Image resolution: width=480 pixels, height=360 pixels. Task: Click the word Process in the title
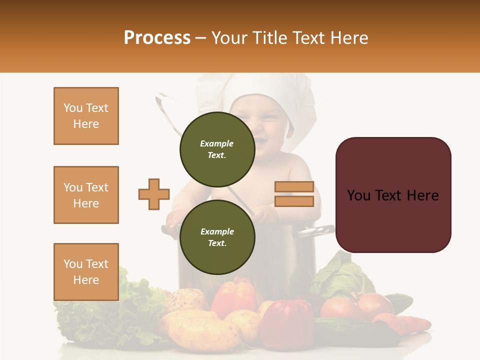[157, 38]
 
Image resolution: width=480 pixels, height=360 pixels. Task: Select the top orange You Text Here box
[86, 116]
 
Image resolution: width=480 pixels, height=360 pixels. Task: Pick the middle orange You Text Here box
[86, 195]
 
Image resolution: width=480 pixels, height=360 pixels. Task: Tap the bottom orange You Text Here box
[86, 272]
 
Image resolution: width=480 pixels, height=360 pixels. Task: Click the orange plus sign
[154, 194]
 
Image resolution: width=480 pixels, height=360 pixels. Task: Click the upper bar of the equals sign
[294, 186]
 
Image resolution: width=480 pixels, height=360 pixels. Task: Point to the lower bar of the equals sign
[294, 201]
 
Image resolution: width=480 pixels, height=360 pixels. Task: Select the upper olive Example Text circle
[217, 149]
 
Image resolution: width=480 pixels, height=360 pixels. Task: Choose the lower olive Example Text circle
[217, 237]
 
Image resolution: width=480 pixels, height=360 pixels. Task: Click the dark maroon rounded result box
[393, 195]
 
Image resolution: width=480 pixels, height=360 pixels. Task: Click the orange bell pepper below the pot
[234, 297]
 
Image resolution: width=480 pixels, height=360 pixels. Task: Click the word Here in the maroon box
[422, 195]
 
